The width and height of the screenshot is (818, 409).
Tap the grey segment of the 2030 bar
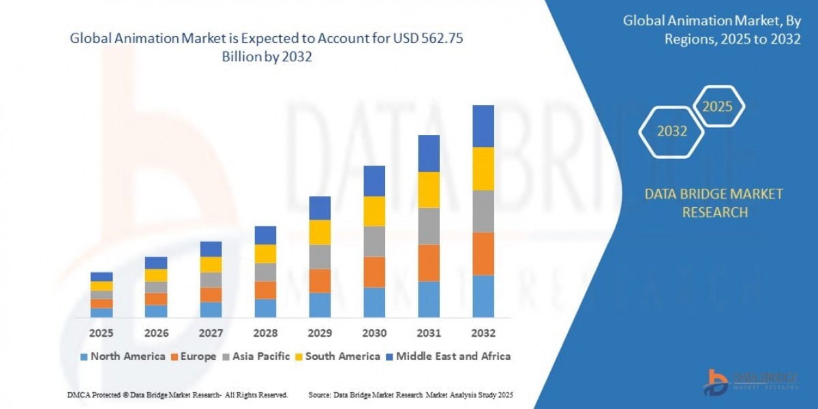[x=374, y=241]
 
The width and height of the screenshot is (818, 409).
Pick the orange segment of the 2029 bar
[x=320, y=281]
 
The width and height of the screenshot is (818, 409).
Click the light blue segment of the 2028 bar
[x=265, y=308]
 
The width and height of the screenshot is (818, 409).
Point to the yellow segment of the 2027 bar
[x=211, y=264]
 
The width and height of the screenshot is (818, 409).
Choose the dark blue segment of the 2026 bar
[x=156, y=262]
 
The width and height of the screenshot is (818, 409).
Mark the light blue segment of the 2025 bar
[x=102, y=312]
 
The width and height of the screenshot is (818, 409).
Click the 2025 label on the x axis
[x=102, y=333]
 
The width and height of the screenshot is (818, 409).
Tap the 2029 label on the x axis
[x=320, y=333]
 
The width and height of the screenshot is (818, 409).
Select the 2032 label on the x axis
[x=483, y=333]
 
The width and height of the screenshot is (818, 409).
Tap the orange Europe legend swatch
[x=175, y=357]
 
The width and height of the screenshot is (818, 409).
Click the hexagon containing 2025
[x=717, y=106]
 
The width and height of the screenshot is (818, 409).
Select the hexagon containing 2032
[x=671, y=132]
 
